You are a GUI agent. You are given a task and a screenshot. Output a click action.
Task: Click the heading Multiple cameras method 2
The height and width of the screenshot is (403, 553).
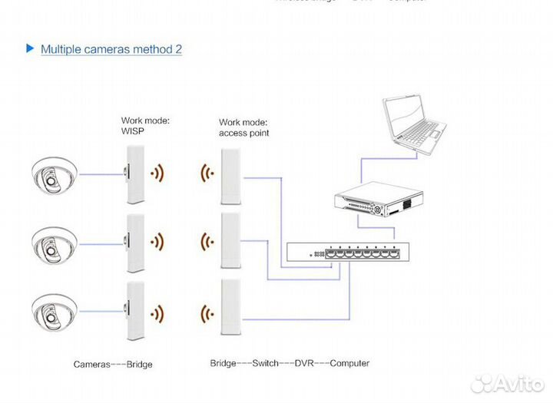click(x=111, y=49)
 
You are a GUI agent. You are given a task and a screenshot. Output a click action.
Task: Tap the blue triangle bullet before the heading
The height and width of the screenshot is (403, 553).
click(x=30, y=48)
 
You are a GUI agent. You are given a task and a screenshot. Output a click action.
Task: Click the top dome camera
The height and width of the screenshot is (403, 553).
click(x=53, y=176)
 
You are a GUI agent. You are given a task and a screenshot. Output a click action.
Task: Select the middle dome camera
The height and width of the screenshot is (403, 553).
click(x=53, y=243)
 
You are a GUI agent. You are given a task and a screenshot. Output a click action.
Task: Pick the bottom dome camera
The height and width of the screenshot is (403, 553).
click(x=53, y=312)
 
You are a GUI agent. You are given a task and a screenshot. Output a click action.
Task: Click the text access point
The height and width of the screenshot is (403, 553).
click(x=243, y=133)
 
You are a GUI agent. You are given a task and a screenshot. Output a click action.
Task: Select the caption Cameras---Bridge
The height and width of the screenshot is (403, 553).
click(x=112, y=364)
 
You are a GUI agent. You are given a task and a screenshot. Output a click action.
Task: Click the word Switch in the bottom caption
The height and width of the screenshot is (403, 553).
click(x=267, y=363)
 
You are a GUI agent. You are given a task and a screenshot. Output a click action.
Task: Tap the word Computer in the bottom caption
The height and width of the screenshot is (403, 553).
click(x=349, y=363)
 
